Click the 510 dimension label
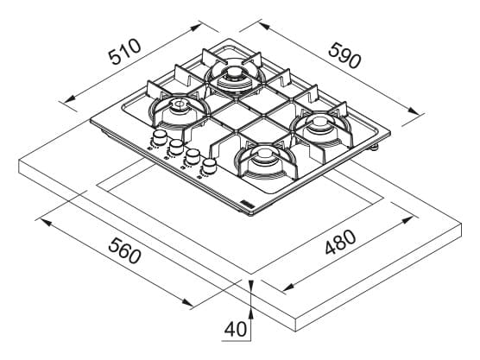125,52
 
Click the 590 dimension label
345,55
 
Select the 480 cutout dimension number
340,242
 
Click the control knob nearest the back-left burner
159,137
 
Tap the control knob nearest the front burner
209,167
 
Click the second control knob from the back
176,147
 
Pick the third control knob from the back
193,156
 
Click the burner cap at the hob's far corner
236,73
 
